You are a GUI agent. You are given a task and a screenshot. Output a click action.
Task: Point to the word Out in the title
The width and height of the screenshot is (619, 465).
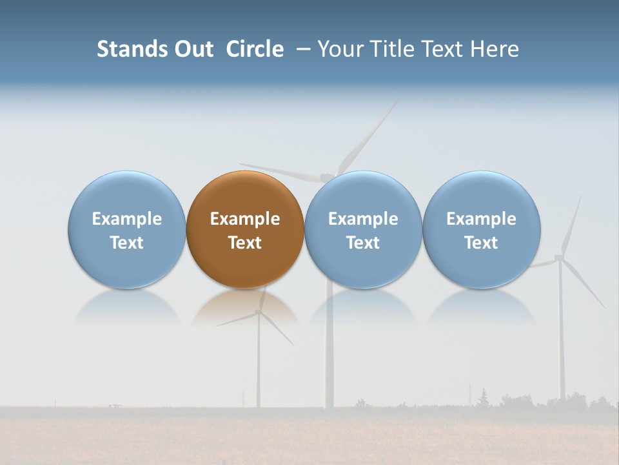(194, 49)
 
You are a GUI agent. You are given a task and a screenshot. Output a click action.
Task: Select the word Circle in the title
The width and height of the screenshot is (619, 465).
(255, 49)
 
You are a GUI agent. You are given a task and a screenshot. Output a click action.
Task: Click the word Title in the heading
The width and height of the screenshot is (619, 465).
(394, 49)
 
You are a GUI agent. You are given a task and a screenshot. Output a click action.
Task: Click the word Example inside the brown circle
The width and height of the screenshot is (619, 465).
(245, 219)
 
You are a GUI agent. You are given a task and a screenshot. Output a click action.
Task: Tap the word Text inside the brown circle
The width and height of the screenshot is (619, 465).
(245, 243)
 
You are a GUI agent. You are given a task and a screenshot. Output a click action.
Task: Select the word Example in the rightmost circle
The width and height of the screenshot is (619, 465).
(482, 219)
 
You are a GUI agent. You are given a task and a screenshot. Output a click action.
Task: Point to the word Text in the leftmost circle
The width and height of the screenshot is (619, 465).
(126, 243)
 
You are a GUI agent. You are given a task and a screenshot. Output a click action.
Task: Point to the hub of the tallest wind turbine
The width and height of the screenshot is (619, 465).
(328, 176)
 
